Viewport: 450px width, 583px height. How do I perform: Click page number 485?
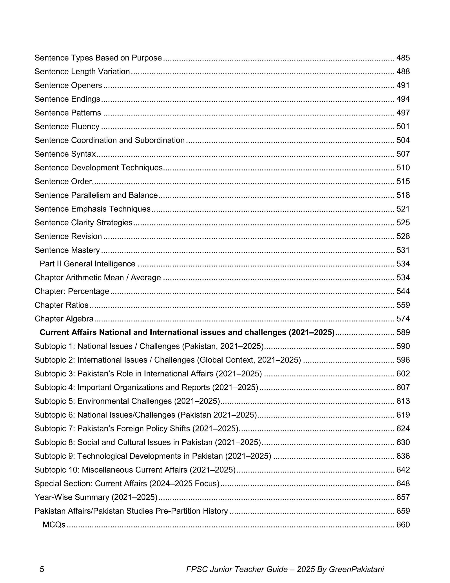[403, 58]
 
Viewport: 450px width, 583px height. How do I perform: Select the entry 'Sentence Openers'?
[68, 85]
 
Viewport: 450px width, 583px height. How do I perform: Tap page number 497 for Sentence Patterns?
[403, 113]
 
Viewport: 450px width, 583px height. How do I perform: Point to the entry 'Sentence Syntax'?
[65, 154]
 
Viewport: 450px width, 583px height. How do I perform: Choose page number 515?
[403, 181]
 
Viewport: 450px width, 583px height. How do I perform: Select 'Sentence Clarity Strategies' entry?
[83, 223]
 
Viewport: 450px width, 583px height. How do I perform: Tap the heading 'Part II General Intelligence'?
[87, 264]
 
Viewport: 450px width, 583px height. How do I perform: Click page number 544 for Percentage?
[403, 291]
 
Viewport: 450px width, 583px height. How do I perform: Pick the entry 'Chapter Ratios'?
[61, 305]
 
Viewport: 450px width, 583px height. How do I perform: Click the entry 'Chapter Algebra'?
[64, 319]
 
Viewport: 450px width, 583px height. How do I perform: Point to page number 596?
[403, 360]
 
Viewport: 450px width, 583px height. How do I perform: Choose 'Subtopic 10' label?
[57, 470]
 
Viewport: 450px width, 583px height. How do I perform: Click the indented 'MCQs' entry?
[54, 525]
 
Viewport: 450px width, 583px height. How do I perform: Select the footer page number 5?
[42, 569]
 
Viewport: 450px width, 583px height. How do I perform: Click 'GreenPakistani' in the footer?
[356, 569]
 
